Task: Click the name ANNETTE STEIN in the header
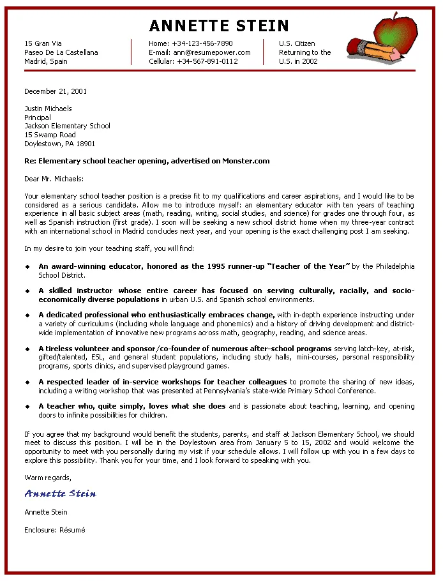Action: point(219,26)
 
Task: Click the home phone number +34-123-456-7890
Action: point(202,43)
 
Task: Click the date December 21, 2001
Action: point(56,91)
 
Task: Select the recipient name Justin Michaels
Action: point(48,109)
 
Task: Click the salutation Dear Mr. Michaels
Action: point(54,179)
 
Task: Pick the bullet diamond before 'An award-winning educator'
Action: point(27,266)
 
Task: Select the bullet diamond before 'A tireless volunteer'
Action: point(27,349)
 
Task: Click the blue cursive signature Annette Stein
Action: point(61,494)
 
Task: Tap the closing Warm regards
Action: point(48,477)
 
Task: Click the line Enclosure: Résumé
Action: point(54,530)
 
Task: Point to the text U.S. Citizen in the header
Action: point(297,43)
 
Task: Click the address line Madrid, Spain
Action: point(45,61)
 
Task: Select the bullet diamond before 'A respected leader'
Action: point(27,382)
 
